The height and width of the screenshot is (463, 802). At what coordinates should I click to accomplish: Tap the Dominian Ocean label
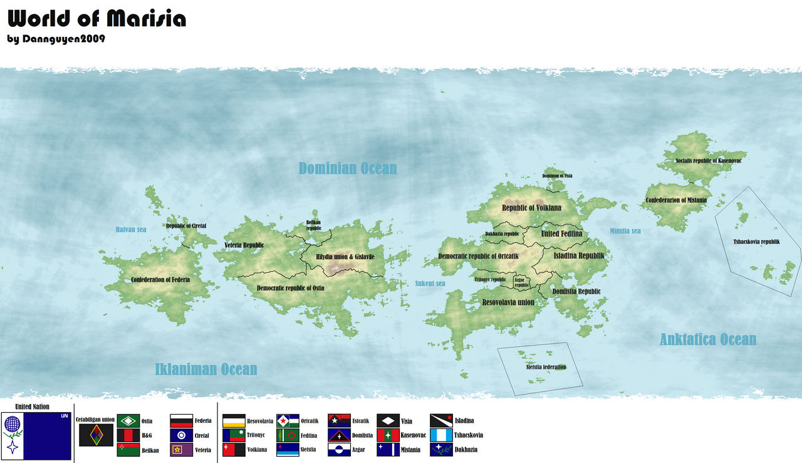(x=347, y=168)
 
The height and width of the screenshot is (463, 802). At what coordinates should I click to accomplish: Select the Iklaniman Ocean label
(x=206, y=369)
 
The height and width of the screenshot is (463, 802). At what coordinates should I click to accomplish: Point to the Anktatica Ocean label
(x=707, y=339)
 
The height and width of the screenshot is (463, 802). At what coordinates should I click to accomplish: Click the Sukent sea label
(x=430, y=284)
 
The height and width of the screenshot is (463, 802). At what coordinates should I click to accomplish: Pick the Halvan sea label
(x=131, y=230)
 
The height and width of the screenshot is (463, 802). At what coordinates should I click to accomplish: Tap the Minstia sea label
(x=625, y=231)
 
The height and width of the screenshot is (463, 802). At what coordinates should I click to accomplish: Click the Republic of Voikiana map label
(x=531, y=208)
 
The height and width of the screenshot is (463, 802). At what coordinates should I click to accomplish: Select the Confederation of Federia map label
(x=160, y=280)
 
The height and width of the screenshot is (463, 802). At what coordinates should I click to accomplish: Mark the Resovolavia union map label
(x=508, y=302)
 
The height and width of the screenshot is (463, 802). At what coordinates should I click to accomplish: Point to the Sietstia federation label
(x=546, y=367)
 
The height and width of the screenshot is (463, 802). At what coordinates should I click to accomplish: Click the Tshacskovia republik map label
(x=756, y=242)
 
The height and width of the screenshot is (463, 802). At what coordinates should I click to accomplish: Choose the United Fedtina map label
(x=561, y=233)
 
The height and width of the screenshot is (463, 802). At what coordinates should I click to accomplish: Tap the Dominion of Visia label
(x=557, y=176)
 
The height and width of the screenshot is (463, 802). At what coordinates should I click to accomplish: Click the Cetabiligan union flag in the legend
(x=96, y=435)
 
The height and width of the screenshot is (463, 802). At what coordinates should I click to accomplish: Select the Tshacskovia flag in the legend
(x=441, y=435)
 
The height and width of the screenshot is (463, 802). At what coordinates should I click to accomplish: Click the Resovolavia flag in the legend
(x=234, y=421)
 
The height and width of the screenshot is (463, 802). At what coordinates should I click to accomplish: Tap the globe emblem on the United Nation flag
(x=13, y=425)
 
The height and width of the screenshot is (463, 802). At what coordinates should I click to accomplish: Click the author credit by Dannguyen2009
(x=56, y=39)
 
